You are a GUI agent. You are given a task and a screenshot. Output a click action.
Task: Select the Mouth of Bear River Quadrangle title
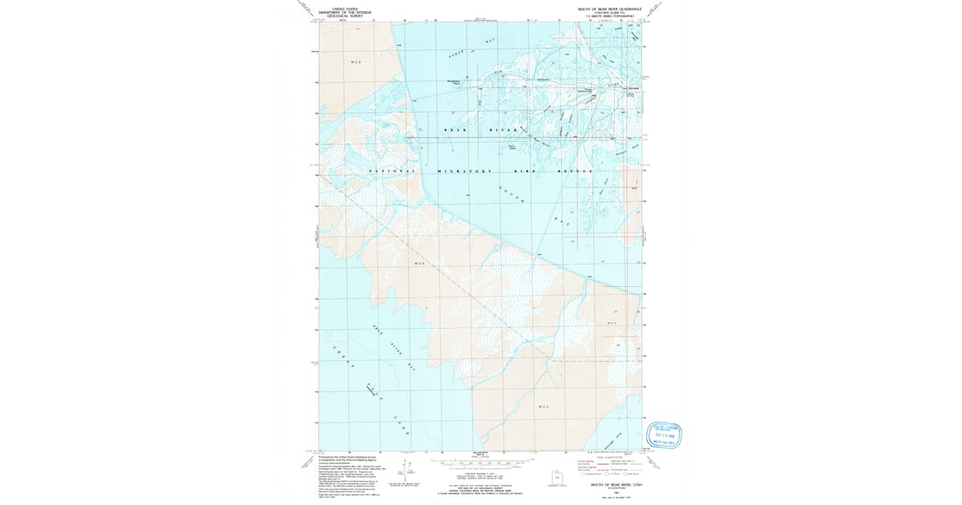click(x=610, y=7)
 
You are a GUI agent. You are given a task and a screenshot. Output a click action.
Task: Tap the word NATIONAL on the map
click(x=392, y=172)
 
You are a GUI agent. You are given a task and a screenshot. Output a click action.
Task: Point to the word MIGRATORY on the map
click(x=465, y=172)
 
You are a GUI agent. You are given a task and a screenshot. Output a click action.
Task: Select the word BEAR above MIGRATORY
click(x=455, y=129)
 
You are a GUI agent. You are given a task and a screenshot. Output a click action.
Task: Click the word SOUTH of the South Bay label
click(x=511, y=195)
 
